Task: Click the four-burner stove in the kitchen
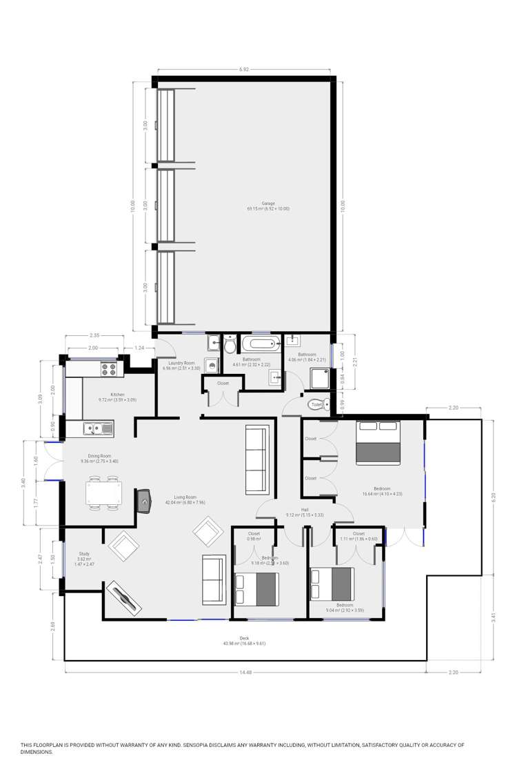[109, 369]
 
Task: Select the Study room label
[84, 553]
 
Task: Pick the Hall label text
[305, 510]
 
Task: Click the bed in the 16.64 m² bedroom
[378, 444]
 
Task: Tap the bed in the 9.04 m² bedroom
[333, 584]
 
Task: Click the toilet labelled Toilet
[327, 405]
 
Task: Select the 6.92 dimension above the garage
[244, 70]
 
